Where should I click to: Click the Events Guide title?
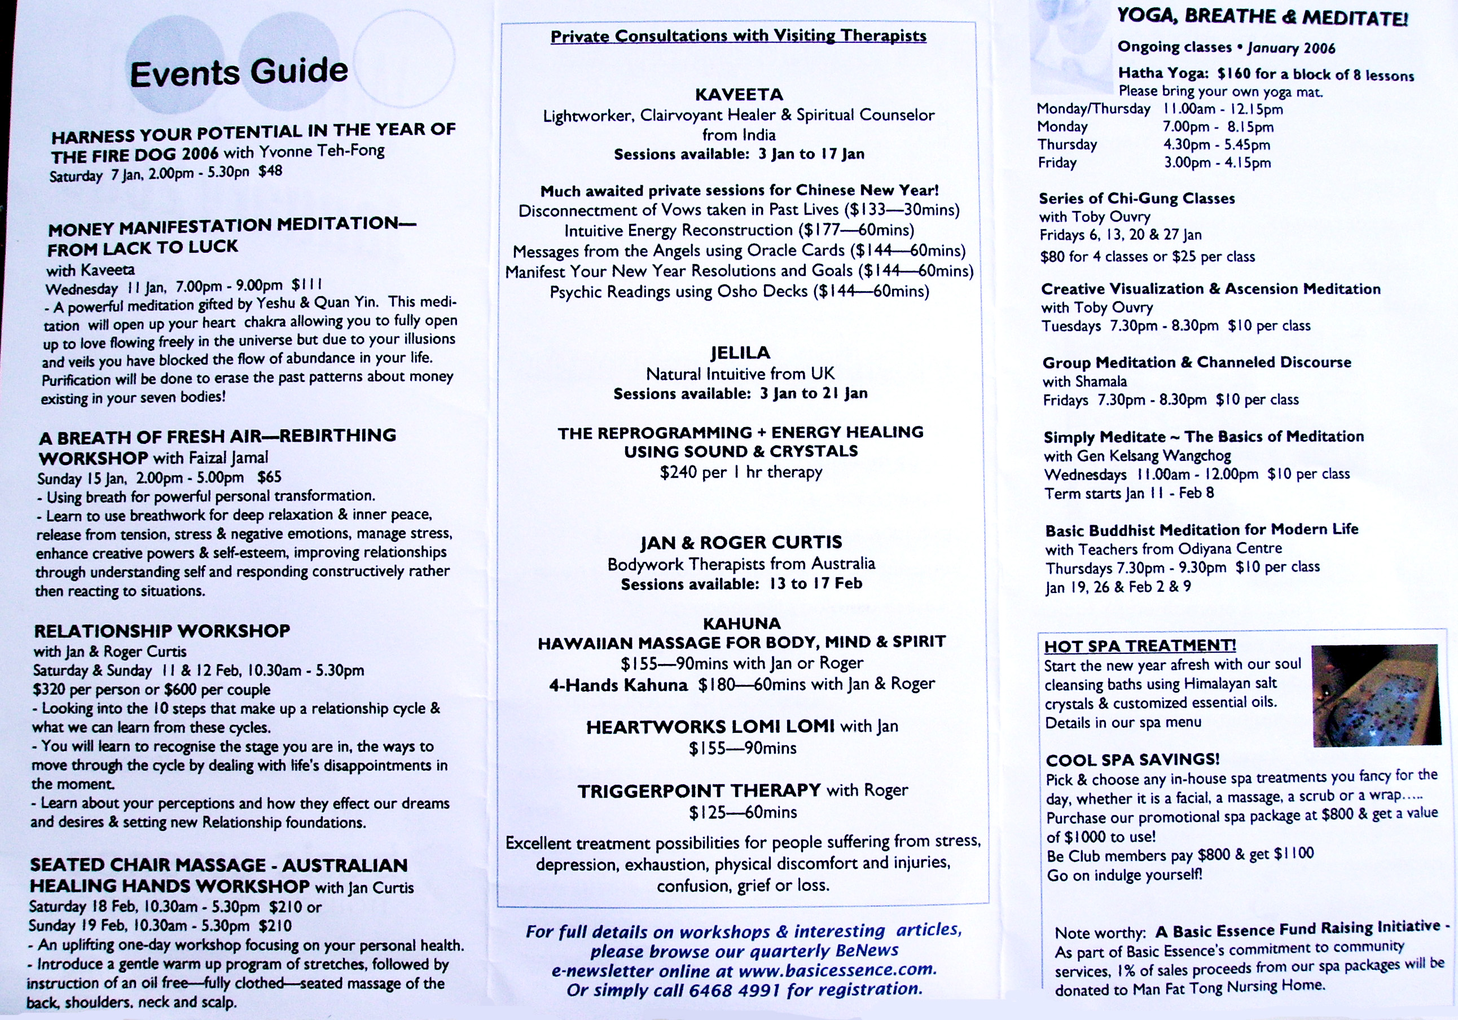(x=239, y=72)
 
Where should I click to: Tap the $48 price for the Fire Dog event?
(x=270, y=171)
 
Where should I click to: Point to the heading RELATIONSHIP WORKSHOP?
(x=162, y=631)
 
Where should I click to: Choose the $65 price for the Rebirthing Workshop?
(x=269, y=477)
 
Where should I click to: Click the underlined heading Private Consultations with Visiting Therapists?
(x=738, y=36)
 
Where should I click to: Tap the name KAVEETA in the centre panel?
(x=739, y=95)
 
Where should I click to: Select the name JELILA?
(x=740, y=353)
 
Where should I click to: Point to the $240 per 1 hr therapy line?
(x=741, y=472)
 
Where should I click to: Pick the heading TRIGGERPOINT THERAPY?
(x=699, y=791)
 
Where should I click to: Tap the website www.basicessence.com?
(x=837, y=970)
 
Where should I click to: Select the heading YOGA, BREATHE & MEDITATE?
(x=1262, y=17)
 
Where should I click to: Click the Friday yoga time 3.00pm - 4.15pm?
(x=1217, y=162)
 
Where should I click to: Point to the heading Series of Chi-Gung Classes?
(x=1137, y=198)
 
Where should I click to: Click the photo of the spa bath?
(x=1376, y=695)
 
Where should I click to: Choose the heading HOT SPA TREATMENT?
(x=1140, y=646)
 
